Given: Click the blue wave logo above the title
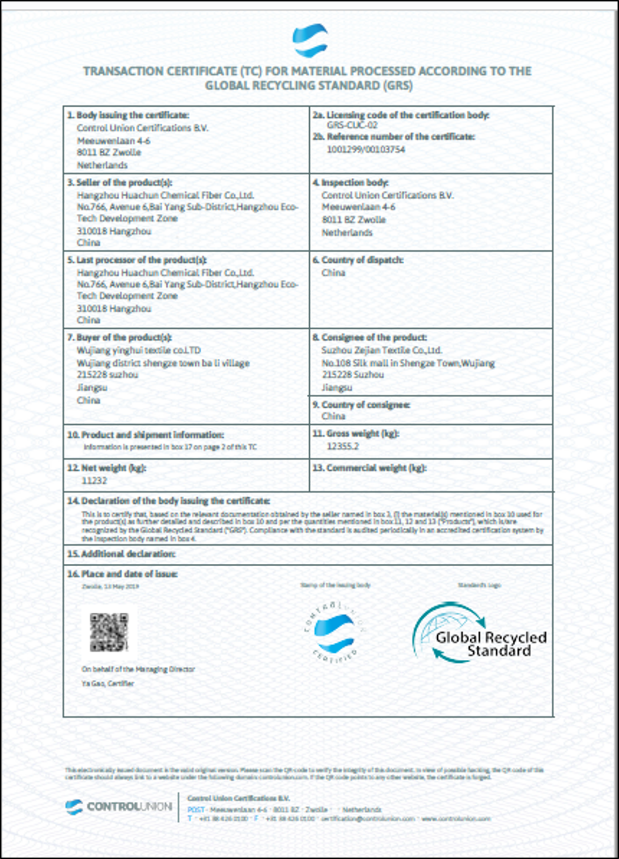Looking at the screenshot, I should point(310,40).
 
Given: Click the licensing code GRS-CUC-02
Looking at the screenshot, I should point(352,125).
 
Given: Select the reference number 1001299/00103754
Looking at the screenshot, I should point(365,149).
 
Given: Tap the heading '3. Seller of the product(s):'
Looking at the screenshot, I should point(120,183).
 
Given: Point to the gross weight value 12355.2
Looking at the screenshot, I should point(343,446).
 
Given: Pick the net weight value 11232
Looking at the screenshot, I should point(94,480).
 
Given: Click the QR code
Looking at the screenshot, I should point(109,632).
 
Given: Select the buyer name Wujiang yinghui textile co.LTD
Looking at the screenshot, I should point(139,350).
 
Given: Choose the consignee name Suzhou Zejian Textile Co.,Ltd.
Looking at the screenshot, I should point(381,350).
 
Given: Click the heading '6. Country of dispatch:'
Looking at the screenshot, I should point(358,260).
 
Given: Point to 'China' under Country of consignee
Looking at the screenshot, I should point(333,416).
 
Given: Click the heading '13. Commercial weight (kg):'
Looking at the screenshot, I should point(369,468).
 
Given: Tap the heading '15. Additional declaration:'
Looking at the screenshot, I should point(121,554).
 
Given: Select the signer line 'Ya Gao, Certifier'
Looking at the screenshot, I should point(108,684).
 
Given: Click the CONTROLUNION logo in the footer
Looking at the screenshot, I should point(119,807).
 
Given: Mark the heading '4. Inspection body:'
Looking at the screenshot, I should point(350,183).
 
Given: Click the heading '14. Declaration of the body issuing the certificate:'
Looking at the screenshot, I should point(169,501).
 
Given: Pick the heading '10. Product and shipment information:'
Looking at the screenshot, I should point(145,435).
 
